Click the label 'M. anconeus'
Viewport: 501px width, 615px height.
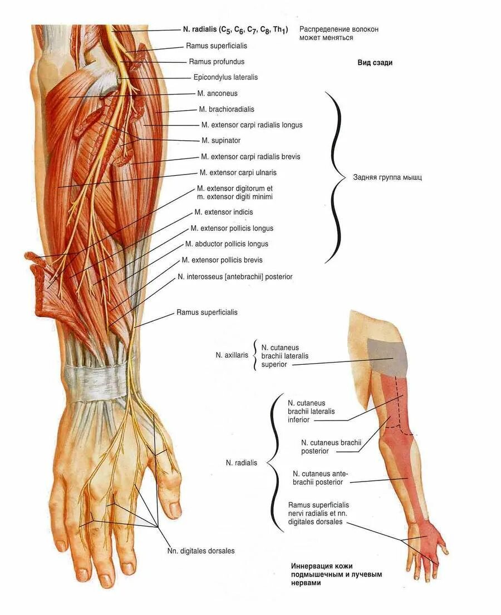pos(217,93)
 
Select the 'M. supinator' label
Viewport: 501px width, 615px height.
pos(221,141)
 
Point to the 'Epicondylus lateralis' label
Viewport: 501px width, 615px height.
pos(225,77)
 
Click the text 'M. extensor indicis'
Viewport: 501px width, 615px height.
pos(224,212)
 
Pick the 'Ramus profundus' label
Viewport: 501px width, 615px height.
pos(217,62)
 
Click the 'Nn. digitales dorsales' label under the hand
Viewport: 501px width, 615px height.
pos(201,550)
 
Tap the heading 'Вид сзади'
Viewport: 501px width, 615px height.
pos(375,63)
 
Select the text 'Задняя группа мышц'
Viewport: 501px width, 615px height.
pos(387,178)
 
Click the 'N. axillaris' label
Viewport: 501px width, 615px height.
pos(232,354)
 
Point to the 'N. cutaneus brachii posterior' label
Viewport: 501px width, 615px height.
pos(331,447)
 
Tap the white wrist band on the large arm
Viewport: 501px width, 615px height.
pos(95,381)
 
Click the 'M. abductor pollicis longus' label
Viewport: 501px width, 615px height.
pos(227,244)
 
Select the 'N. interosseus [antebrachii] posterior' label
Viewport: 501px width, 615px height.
pos(235,276)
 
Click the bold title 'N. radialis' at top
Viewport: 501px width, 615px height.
pos(235,29)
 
